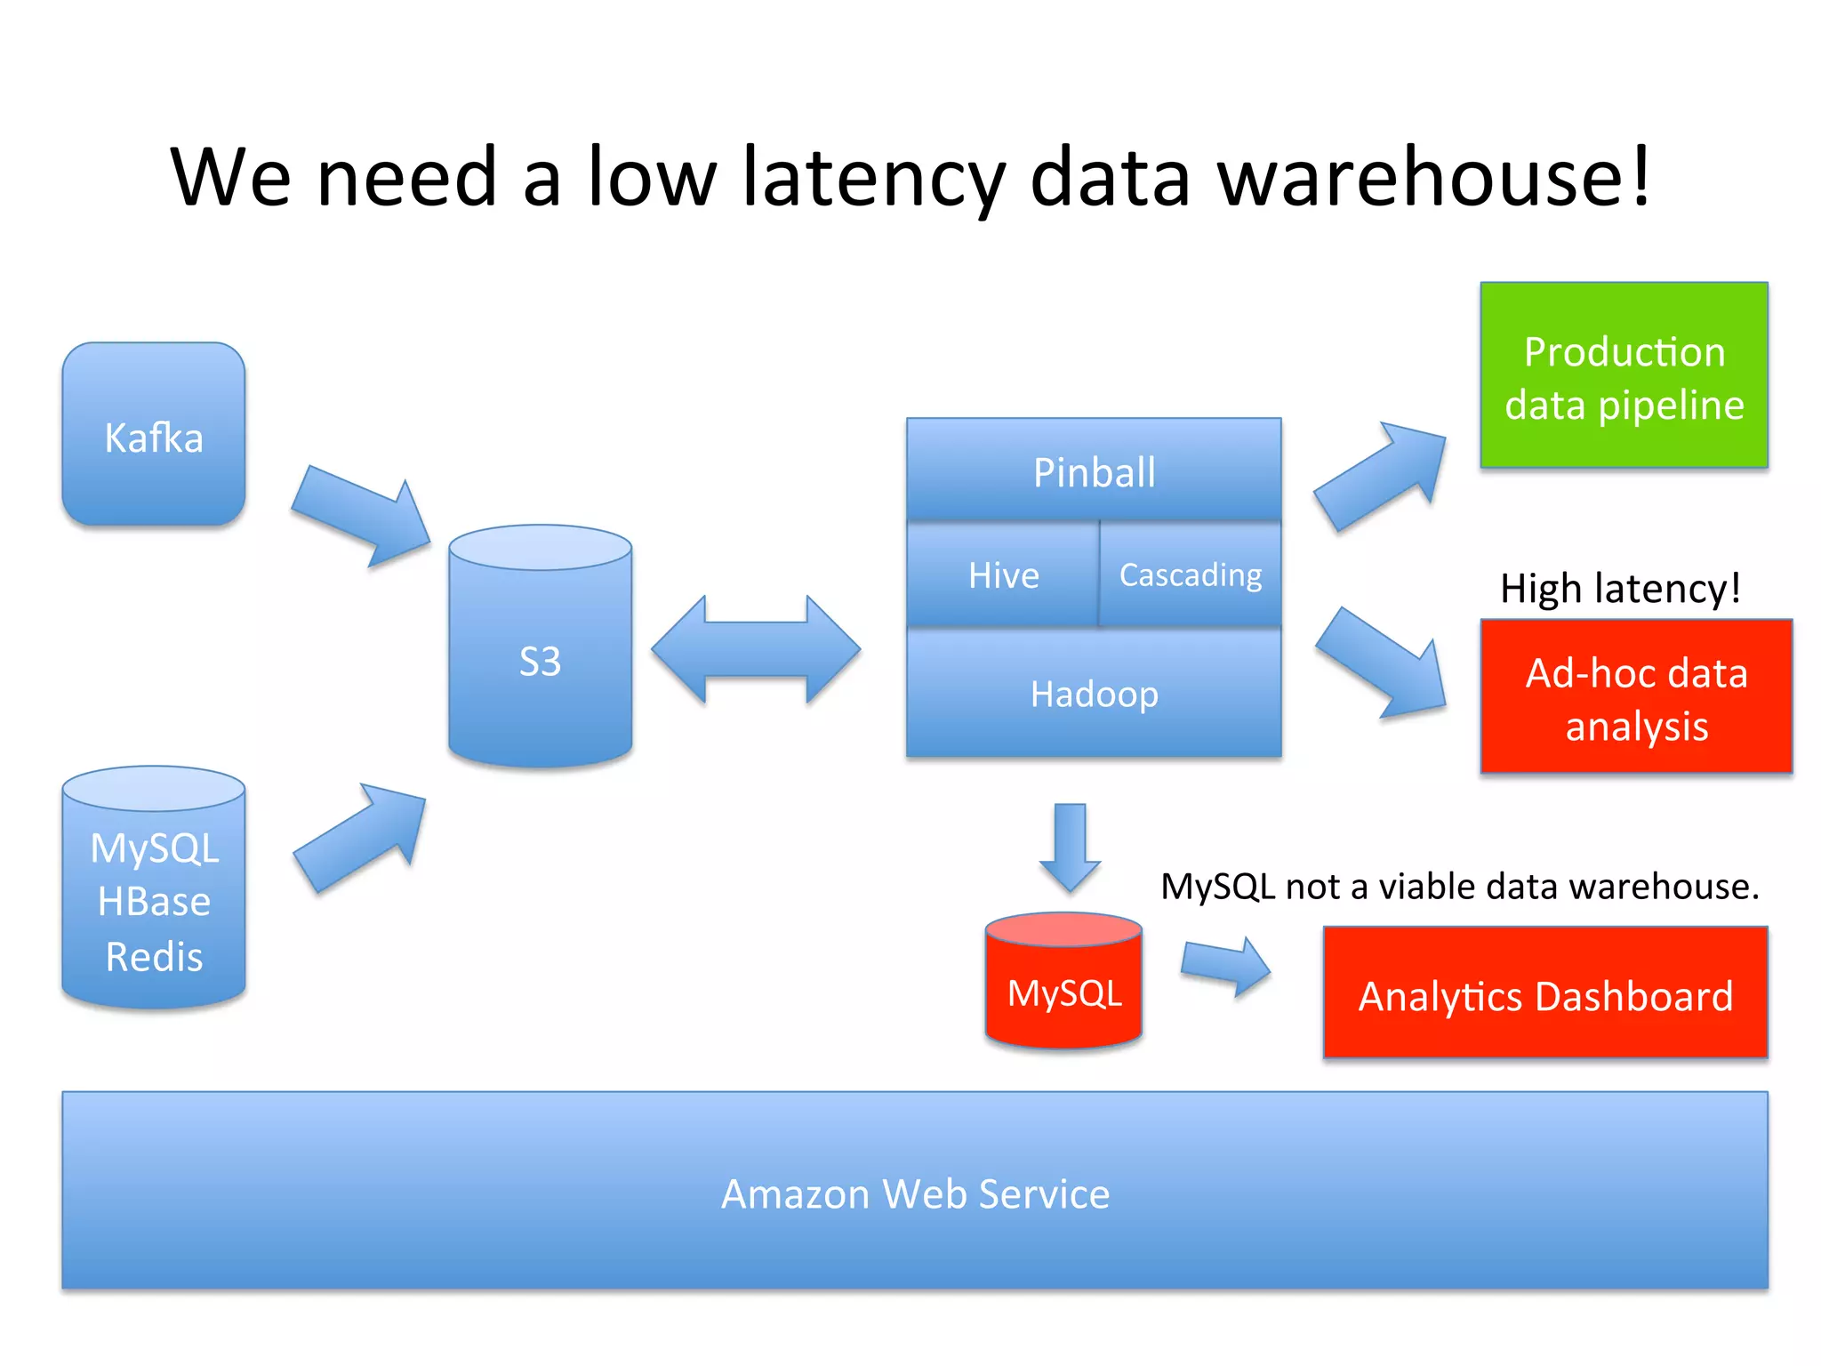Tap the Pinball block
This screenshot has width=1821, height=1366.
1094,470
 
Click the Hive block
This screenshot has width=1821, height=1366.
1003,575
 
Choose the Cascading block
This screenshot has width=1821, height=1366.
1190,575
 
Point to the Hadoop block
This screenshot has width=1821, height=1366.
1094,693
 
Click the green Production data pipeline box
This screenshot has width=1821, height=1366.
1624,376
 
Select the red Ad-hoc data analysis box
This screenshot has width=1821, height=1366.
1636,697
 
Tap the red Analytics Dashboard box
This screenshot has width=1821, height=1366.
1545,994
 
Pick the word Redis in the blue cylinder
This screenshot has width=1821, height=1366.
154,957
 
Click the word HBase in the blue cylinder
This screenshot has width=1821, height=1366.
154,902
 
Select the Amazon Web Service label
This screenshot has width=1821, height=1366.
915,1193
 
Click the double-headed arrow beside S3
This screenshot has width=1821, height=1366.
756,649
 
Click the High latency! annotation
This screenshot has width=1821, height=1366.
1620,588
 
